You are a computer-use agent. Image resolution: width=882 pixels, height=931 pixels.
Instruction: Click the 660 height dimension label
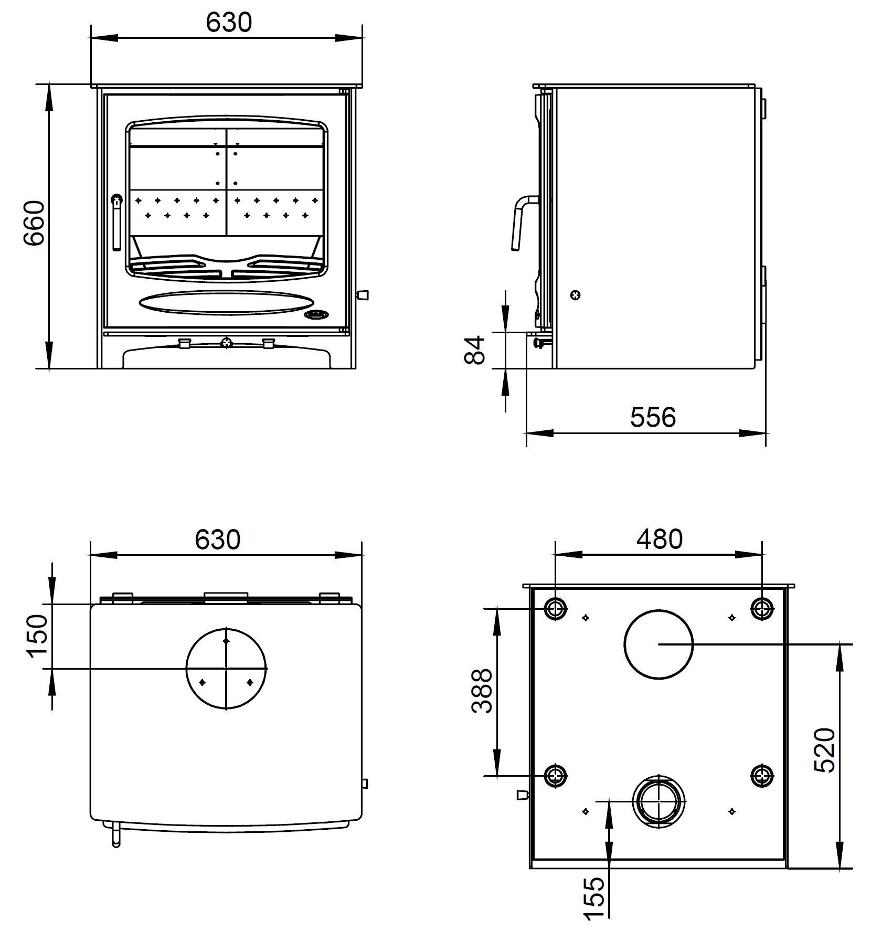(35, 223)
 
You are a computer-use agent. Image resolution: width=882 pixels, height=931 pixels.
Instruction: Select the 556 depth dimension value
(653, 417)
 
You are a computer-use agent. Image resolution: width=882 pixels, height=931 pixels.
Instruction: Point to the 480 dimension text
(660, 539)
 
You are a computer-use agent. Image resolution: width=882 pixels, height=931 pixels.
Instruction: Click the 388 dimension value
(482, 691)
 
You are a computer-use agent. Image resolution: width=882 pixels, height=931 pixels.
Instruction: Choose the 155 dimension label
(594, 898)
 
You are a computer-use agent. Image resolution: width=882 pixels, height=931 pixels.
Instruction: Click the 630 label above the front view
(229, 23)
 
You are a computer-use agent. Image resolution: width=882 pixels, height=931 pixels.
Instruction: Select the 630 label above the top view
(218, 539)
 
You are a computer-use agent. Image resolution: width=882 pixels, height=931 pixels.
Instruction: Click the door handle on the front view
(116, 223)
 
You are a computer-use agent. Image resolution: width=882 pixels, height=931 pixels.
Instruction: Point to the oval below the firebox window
(227, 303)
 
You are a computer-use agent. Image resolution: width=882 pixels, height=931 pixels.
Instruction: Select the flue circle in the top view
(226, 669)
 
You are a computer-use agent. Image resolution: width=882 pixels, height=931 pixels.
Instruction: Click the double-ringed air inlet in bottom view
(659, 801)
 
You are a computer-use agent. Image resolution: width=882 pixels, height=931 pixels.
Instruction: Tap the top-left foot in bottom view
(556, 609)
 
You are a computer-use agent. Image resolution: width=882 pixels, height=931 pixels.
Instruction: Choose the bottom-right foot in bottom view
(762, 776)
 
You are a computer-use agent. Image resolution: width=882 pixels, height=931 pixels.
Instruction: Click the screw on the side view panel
(577, 295)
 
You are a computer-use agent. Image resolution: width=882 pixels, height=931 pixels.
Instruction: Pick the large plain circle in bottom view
(658, 644)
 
